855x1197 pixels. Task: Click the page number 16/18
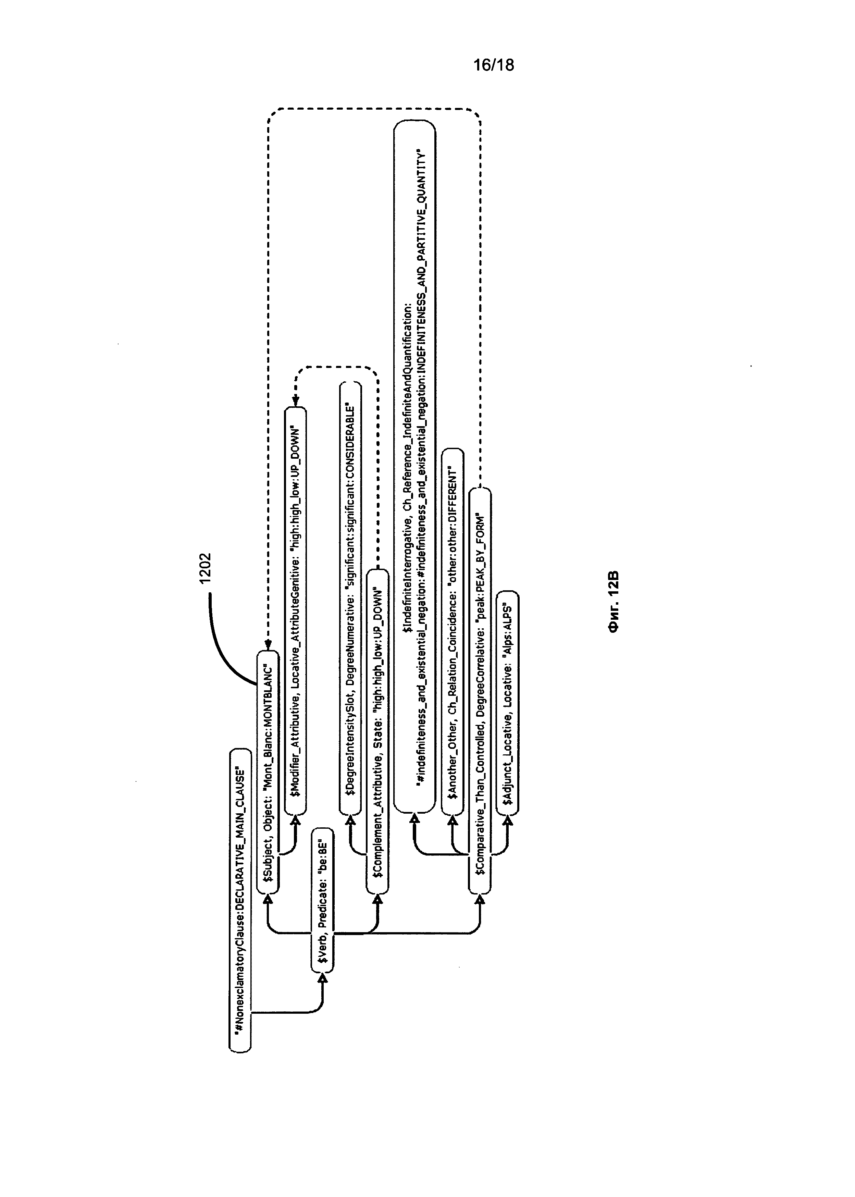pos(493,65)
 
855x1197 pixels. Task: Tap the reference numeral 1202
pos(205,567)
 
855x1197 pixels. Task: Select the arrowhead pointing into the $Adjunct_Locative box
pos(508,819)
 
